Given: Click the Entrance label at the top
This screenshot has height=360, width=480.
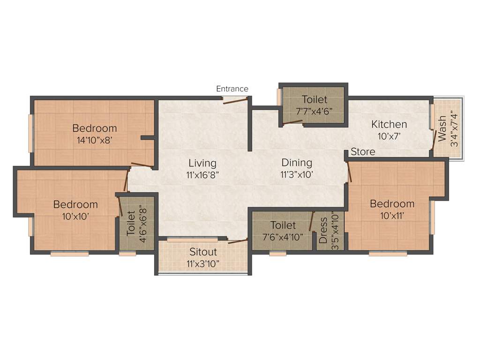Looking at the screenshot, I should pyautogui.click(x=232, y=89).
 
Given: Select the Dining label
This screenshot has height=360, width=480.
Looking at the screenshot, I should pyautogui.click(x=297, y=163).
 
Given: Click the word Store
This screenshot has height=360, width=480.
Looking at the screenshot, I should pyautogui.click(x=363, y=152).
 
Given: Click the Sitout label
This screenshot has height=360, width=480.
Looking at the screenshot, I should pyautogui.click(x=202, y=252).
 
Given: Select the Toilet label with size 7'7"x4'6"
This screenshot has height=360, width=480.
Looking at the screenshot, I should pyautogui.click(x=315, y=99).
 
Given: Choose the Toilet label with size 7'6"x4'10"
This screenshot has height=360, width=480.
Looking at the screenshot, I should pyautogui.click(x=283, y=225).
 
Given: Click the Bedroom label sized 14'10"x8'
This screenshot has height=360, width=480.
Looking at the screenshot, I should pyautogui.click(x=94, y=128).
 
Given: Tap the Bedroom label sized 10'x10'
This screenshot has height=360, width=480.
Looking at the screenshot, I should pyautogui.click(x=75, y=204).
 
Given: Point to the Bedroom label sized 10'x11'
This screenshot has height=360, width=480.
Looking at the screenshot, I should pyautogui.click(x=392, y=203).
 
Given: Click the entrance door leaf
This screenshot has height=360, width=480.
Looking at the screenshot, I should pyautogui.click(x=234, y=100).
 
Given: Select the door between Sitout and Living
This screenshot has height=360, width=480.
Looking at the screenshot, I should pyautogui.click(x=238, y=241).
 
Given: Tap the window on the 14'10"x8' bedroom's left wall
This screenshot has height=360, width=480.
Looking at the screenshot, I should pyautogui.click(x=30, y=133).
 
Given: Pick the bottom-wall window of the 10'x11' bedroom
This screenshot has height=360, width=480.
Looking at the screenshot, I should pyautogui.click(x=388, y=254).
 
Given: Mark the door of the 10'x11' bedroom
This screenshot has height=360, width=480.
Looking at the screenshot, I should pyautogui.click(x=349, y=172).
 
